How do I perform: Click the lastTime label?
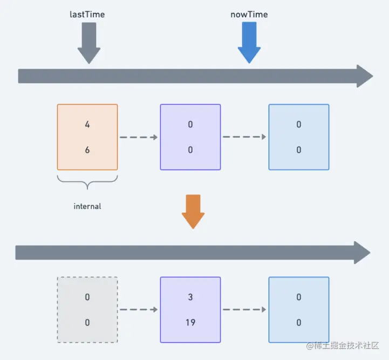(x=87, y=15)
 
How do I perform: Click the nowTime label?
(x=249, y=15)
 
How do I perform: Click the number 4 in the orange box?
(x=87, y=125)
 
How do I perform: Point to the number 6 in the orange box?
(x=87, y=150)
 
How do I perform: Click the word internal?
(x=87, y=206)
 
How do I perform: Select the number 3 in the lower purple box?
(x=190, y=297)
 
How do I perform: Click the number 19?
(x=190, y=323)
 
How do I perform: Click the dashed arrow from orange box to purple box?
(x=139, y=137)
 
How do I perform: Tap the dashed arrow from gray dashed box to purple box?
(x=139, y=310)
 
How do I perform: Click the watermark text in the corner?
(x=345, y=345)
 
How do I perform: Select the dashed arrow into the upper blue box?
(x=244, y=137)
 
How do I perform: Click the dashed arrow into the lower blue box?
(x=244, y=310)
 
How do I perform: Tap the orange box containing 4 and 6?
(x=87, y=137)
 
